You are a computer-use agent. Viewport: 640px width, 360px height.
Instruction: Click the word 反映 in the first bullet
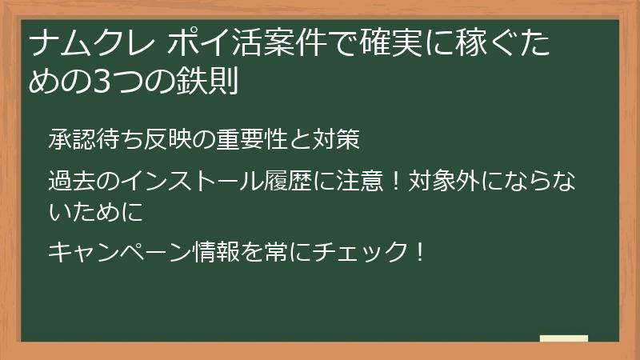167,141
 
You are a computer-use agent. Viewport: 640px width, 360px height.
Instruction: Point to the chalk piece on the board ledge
564,338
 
